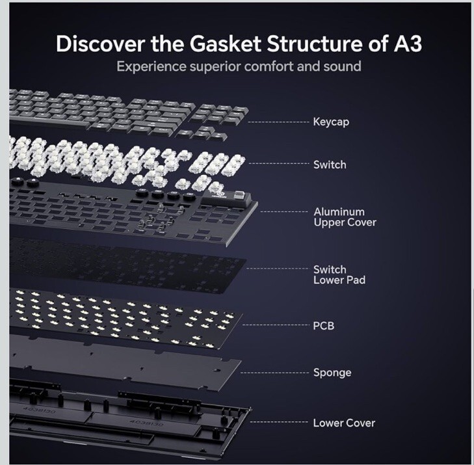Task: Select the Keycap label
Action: [332, 122]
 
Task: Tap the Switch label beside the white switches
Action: [330, 165]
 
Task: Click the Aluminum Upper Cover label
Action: [344, 217]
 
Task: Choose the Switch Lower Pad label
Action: [339, 274]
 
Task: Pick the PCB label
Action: [323, 325]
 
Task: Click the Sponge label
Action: [332, 373]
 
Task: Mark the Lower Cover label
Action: [344, 423]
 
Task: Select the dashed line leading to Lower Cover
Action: [280, 423]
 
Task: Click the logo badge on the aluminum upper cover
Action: [217, 186]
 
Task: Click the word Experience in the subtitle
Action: [148, 67]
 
